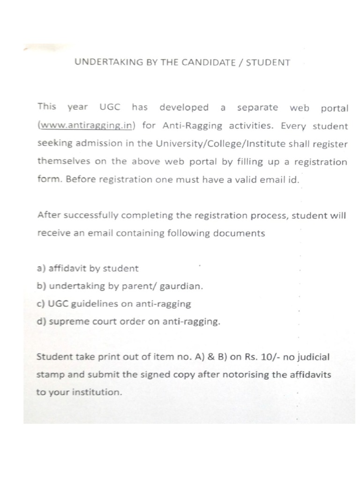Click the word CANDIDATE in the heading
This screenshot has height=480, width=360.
[x=211, y=62]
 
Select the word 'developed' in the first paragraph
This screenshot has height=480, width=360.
[x=184, y=107]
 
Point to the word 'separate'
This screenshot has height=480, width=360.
[x=257, y=107]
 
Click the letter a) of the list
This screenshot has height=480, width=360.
[x=41, y=269]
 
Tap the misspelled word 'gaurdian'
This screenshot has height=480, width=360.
[x=184, y=286]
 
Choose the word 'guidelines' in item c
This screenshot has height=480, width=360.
[x=95, y=304]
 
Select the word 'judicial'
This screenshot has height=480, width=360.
[x=313, y=357]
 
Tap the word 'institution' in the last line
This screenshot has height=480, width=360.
[x=99, y=392]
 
